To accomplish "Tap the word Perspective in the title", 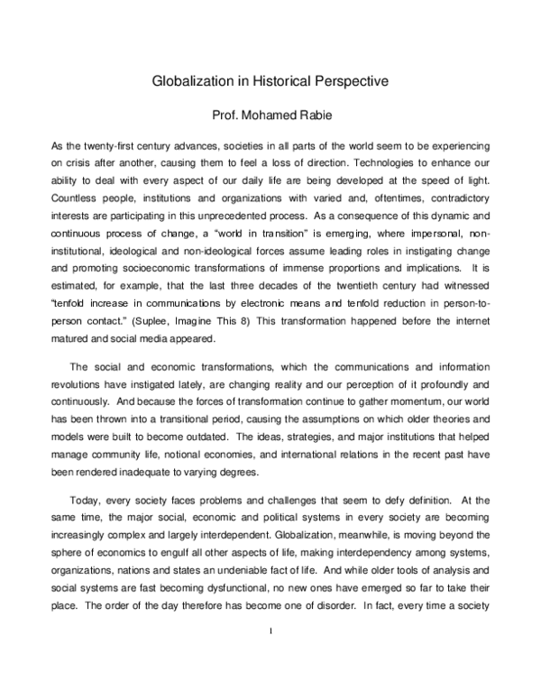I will pos(353,82).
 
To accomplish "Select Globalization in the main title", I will pos(193,82).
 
